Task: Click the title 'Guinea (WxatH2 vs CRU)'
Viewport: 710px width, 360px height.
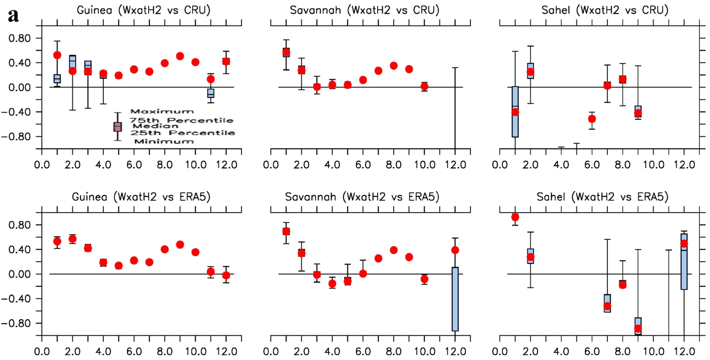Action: pos(143,10)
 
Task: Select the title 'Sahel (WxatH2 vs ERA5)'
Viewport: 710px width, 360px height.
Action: pos(602,197)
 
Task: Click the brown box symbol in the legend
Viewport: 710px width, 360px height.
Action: pos(118,127)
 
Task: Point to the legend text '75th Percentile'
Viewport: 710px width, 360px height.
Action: pos(181,120)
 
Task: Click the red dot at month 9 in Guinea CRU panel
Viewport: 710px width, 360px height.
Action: pos(180,56)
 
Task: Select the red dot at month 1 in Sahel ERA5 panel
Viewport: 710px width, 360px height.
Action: pos(515,217)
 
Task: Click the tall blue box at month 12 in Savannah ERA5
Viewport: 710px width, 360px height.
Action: pos(455,299)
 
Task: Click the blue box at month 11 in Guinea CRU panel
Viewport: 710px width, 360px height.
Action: pos(211,93)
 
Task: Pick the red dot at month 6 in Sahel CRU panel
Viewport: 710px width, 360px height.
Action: pos(592,119)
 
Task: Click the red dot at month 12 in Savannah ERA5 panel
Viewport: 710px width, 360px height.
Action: pos(455,250)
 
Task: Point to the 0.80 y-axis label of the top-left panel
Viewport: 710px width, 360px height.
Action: pos(19,38)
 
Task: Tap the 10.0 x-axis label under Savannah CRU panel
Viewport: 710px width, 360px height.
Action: pos(424,165)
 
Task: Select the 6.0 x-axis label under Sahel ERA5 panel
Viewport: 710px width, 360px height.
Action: pos(592,352)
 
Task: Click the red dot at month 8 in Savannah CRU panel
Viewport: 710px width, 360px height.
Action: pos(394,66)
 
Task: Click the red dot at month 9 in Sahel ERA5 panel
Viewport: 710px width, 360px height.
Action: pos(638,328)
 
